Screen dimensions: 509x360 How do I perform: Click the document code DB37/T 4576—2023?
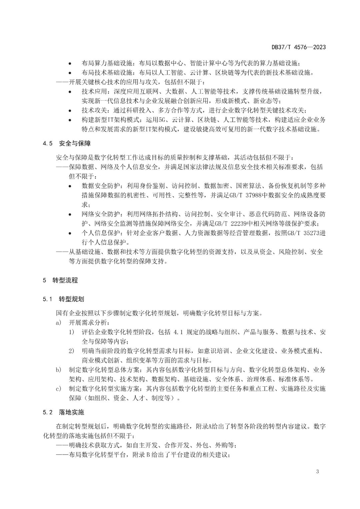point(298,47)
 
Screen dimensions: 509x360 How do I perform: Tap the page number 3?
point(317,471)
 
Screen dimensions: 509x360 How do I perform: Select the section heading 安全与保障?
point(75,144)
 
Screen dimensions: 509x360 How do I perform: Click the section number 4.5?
point(48,144)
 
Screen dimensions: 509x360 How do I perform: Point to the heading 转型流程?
point(65,280)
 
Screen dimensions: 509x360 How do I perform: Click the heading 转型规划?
point(71,299)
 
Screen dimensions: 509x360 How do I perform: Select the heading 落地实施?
point(71,412)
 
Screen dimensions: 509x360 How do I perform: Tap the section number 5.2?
point(48,412)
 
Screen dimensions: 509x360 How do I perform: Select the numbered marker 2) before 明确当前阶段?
point(71,351)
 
